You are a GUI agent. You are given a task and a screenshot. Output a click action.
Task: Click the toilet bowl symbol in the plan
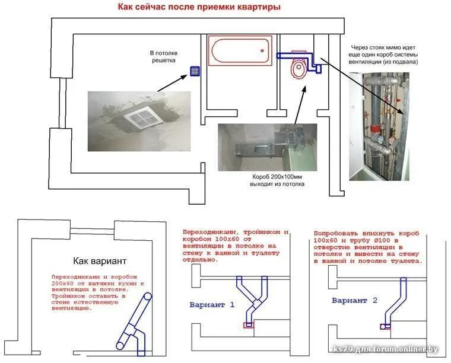[300, 70]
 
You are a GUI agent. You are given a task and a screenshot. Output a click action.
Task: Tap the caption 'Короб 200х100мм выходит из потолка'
[277, 180]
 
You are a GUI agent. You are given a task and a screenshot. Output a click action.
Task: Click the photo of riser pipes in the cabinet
[379, 126]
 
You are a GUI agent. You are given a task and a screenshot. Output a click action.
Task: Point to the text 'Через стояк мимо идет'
[383, 46]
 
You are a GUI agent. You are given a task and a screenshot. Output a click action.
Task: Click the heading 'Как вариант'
[100, 260]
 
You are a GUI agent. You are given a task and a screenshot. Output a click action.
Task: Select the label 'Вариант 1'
[212, 305]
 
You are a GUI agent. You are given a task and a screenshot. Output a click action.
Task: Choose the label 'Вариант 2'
[355, 300]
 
